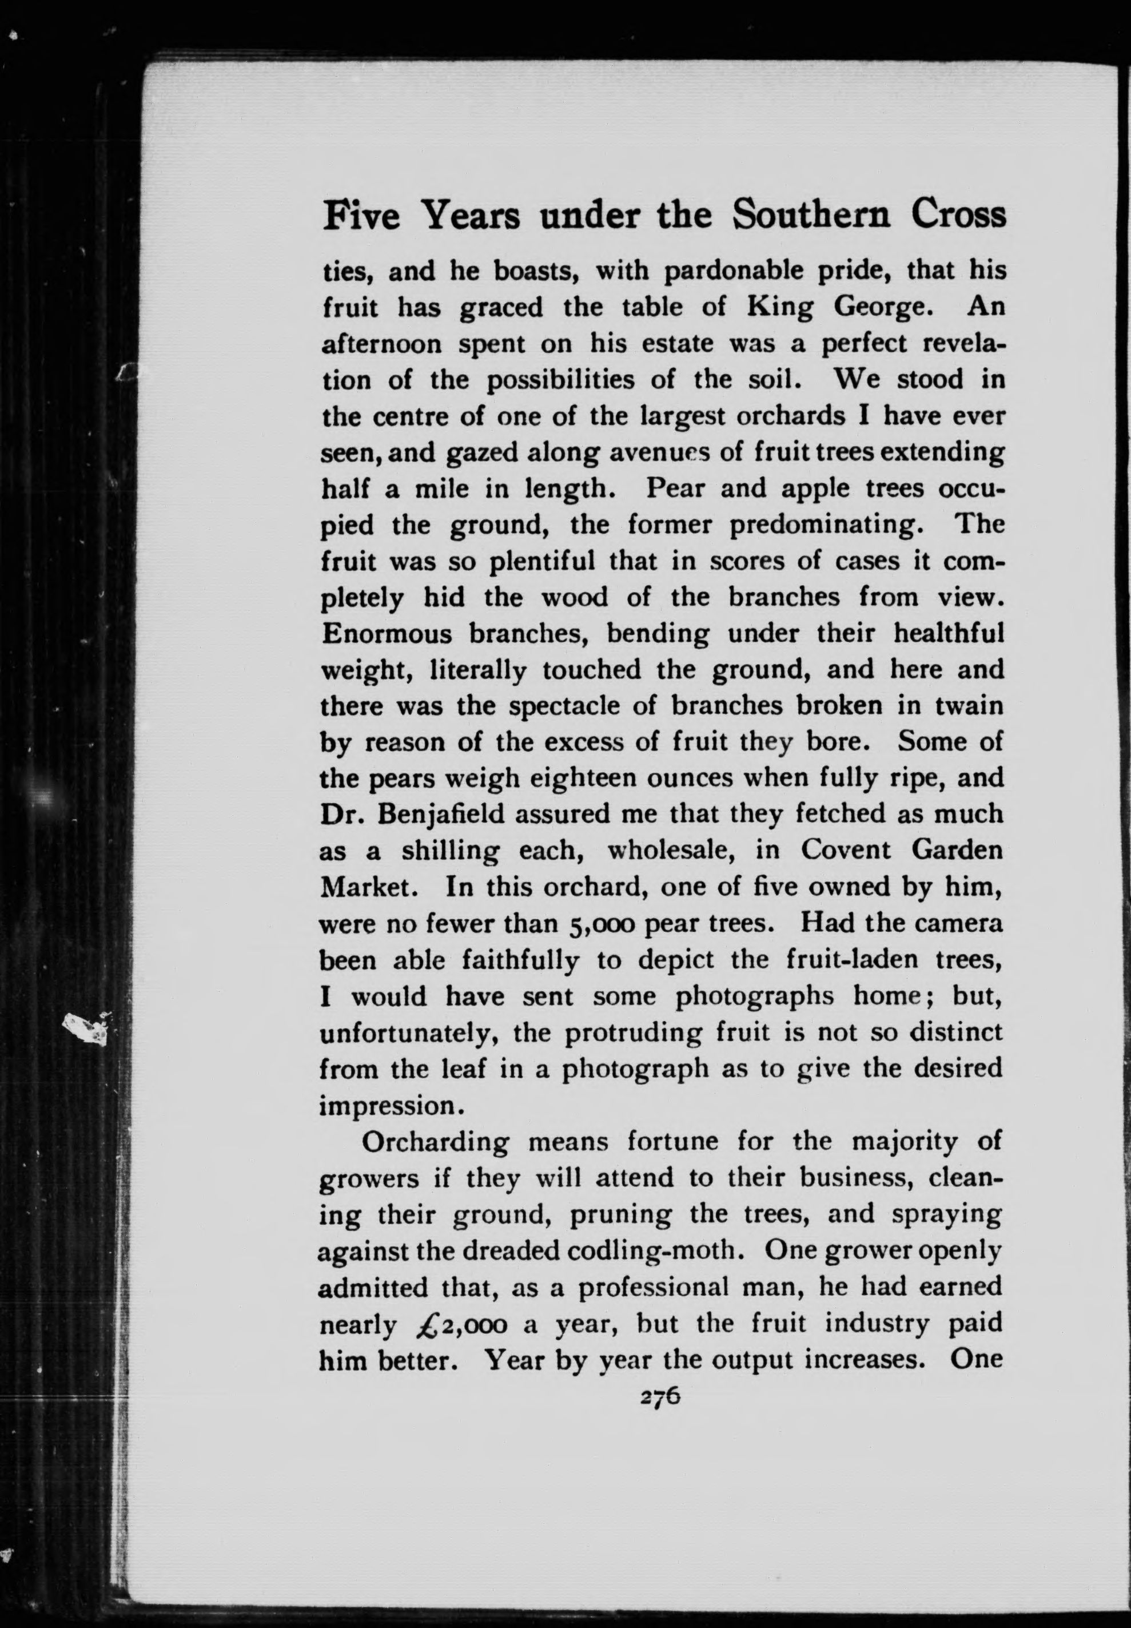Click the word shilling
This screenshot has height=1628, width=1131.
pyautogui.click(x=451, y=851)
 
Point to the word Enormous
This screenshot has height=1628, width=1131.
pyautogui.click(x=386, y=633)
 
